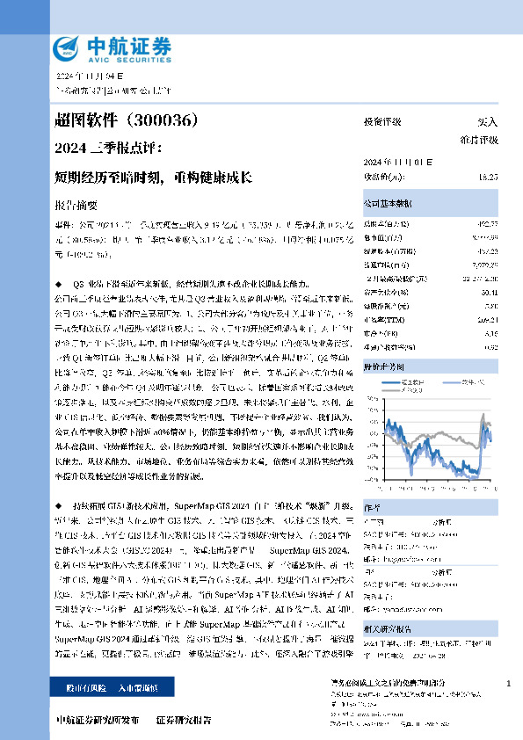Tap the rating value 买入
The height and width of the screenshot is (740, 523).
coord(487,122)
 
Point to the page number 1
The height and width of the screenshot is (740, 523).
coord(509,683)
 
